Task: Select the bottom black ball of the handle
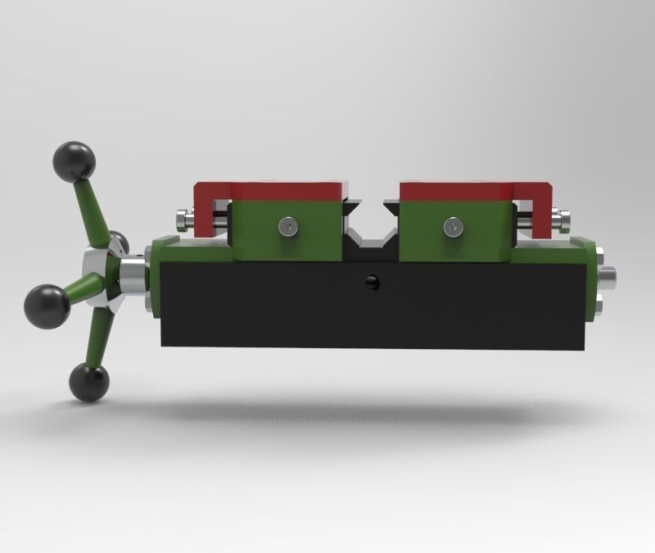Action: [88, 381]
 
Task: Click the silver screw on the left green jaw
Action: [287, 224]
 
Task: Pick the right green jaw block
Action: [454, 231]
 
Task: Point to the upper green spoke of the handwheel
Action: [90, 209]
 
